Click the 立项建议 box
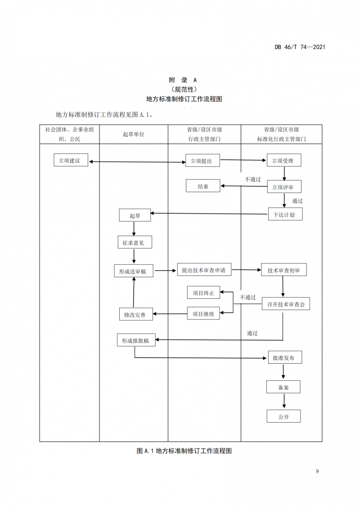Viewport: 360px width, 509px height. coord(71,161)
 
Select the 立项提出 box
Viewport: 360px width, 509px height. coord(203,161)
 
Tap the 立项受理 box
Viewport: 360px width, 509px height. coord(283,161)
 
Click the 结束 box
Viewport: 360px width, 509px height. coord(203,186)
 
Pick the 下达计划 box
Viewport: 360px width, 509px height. coord(285,214)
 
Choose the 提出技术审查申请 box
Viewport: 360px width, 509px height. coord(204,270)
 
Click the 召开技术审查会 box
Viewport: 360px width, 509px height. coord(286,305)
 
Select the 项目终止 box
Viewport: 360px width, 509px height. coord(203,293)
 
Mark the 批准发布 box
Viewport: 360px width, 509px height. coord(284,358)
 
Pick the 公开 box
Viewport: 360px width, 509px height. coord(283,416)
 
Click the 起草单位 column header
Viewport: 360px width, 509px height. coord(134,134)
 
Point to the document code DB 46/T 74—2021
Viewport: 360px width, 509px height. coord(299,47)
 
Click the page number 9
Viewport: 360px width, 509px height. coord(318,471)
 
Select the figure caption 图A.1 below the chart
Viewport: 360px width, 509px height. coord(180,450)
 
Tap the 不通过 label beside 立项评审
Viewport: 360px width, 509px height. coord(252,179)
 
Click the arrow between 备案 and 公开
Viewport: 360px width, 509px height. coord(283,401)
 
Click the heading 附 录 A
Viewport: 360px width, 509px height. coord(180,80)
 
